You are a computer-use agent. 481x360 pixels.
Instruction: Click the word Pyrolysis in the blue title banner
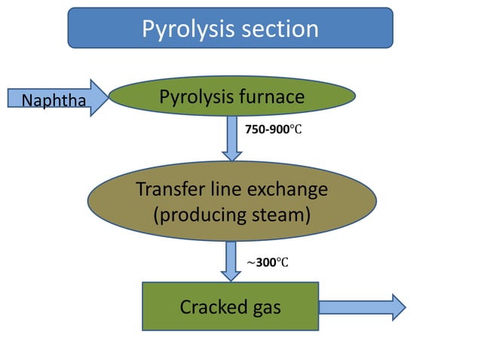pyautogui.click(x=188, y=29)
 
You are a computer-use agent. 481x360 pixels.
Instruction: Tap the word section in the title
pyautogui.click(x=280, y=29)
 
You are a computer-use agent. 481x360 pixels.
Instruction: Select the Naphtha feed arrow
pyautogui.click(x=58, y=98)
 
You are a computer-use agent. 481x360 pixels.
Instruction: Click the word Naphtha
pyautogui.click(x=54, y=100)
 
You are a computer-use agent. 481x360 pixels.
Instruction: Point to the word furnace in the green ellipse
pyautogui.click(x=272, y=96)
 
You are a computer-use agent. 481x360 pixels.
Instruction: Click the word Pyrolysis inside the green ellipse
pyautogui.click(x=197, y=97)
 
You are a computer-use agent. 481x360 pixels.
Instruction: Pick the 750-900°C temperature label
pyautogui.click(x=274, y=130)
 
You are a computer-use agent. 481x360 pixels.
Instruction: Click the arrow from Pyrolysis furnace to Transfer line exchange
pyautogui.click(x=232, y=139)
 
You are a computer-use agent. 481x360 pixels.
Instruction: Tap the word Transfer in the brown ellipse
pyautogui.click(x=171, y=189)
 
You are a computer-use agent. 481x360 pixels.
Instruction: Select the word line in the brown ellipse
pyautogui.click(x=225, y=189)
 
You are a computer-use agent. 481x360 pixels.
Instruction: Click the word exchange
pyautogui.click(x=287, y=190)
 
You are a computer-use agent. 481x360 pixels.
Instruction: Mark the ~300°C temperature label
pyautogui.click(x=268, y=263)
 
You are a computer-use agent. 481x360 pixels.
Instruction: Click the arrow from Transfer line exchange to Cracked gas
pyautogui.click(x=231, y=261)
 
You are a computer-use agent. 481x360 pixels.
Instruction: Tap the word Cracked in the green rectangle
pyautogui.click(x=213, y=307)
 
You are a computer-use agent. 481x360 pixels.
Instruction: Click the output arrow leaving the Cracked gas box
pyautogui.click(x=362, y=307)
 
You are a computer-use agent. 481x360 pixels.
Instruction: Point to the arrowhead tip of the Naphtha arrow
pyautogui.click(x=109, y=98)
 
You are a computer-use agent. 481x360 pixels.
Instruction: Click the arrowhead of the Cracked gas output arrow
pyautogui.click(x=399, y=307)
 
